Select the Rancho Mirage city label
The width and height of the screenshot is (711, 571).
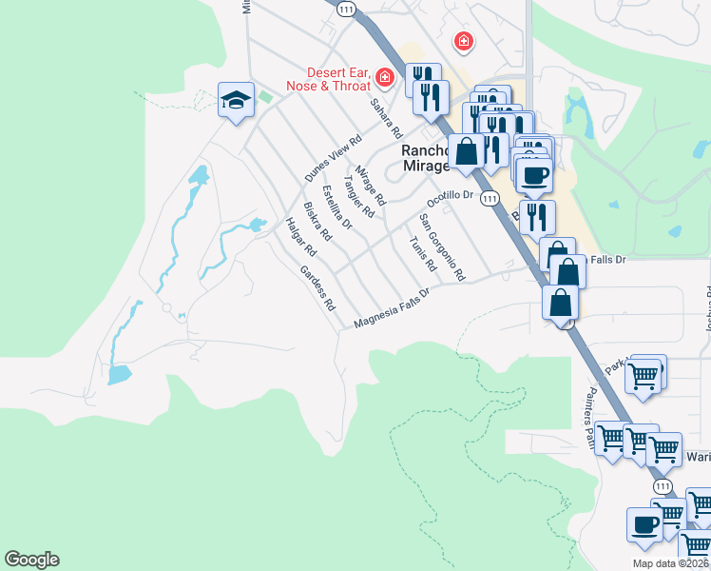pos(425,158)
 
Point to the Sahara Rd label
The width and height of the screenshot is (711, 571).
pos(387,118)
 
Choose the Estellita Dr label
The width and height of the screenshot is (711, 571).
pos(337,207)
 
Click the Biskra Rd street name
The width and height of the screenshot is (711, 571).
pos(317,221)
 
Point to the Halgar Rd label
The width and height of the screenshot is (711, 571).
pos(300,237)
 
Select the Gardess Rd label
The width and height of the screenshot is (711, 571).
pos(318,288)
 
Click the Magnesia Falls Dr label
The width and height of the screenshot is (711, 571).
pos(393,310)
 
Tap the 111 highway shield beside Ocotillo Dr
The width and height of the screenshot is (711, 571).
pos(489,198)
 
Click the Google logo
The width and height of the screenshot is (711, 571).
pos(31,560)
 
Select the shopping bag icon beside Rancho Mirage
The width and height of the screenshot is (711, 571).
pos(467,151)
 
